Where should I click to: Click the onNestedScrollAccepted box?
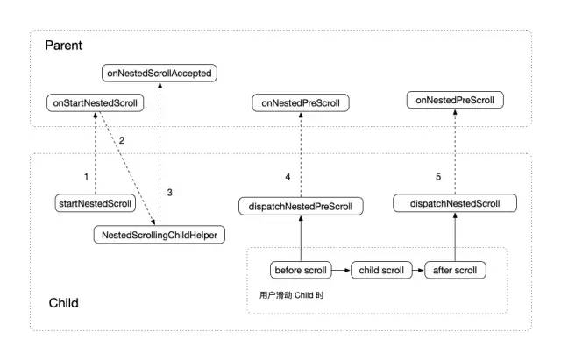click(160, 73)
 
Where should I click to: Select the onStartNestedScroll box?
click(96, 103)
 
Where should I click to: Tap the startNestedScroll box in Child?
click(96, 203)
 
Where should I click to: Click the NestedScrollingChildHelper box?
click(160, 235)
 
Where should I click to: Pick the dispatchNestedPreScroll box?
click(301, 206)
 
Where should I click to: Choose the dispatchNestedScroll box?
click(455, 203)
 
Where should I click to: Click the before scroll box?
click(301, 270)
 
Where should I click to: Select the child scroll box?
click(381, 270)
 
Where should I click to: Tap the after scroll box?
click(455, 270)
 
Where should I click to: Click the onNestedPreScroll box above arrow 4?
click(301, 103)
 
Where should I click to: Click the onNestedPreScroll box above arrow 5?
click(455, 100)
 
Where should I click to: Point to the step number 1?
click(86, 177)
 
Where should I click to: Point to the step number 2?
click(122, 140)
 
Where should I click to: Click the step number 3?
click(169, 193)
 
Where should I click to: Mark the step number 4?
click(288, 177)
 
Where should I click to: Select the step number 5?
click(438, 177)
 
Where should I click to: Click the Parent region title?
click(64, 46)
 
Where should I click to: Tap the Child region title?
click(64, 303)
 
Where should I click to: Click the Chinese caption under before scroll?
click(292, 295)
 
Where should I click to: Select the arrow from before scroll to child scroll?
click(341, 271)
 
